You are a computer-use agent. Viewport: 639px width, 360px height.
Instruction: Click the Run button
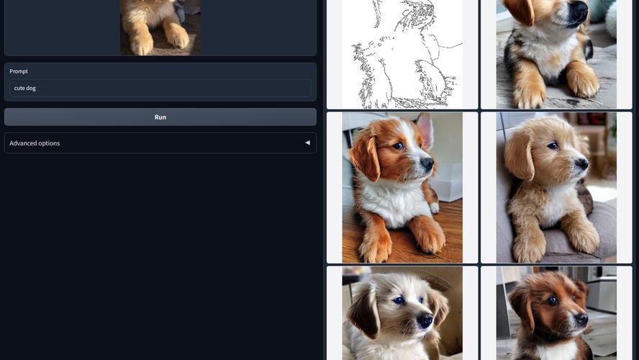point(160,117)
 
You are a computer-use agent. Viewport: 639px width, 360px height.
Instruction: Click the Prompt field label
point(19,71)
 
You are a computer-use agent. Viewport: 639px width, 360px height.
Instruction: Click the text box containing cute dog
point(160,88)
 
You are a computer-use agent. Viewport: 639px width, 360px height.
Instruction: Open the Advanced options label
point(35,143)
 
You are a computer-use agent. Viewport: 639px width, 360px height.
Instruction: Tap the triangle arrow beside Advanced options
point(307,143)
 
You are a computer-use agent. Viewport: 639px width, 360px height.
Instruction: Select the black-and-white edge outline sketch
point(402,54)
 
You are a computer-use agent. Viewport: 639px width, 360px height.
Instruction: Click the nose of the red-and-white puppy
point(427,163)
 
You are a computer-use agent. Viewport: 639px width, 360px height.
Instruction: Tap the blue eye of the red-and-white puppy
point(398,145)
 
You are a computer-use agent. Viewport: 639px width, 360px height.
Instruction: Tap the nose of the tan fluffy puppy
point(581,163)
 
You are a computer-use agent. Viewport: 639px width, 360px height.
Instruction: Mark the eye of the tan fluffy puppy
point(553,145)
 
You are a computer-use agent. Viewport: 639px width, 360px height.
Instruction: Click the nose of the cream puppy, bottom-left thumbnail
point(425,319)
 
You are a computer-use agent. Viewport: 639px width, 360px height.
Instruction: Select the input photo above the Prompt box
point(160,27)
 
